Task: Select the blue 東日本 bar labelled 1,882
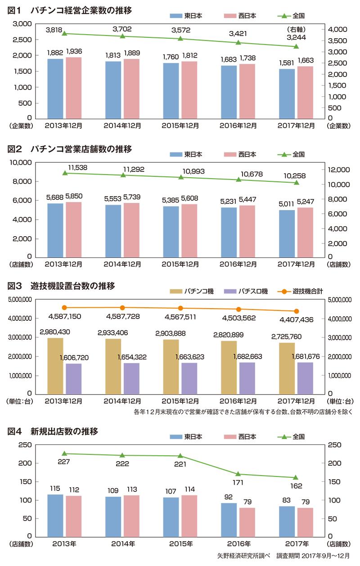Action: tap(55, 88)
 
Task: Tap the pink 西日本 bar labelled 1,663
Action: tap(305, 92)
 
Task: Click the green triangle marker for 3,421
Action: tap(238, 43)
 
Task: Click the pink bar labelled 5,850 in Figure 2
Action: tap(73, 229)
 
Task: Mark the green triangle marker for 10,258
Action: tap(296, 182)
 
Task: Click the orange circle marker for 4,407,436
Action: tap(296, 311)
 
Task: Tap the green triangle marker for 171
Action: tap(238, 474)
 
